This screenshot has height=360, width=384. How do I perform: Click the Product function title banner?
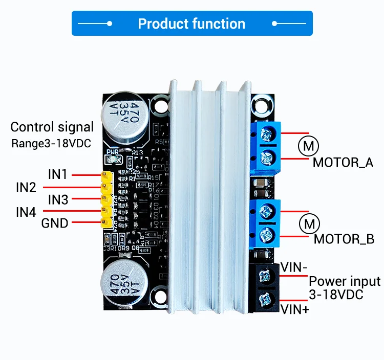(191, 24)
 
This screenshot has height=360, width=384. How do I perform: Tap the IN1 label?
(58, 174)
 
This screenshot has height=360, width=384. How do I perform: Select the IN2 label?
(26, 187)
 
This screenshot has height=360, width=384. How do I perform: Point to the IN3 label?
(58, 199)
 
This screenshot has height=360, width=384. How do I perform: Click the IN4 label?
(26, 212)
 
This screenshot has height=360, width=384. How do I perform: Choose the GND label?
(55, 223)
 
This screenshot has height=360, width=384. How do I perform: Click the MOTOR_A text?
(343, 163)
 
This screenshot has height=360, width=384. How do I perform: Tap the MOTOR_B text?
(344, 239)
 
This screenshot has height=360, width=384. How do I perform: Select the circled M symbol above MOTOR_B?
(309, 223)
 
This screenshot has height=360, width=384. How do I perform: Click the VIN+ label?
(295, 308)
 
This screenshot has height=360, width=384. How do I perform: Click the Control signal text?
(52, 127)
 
